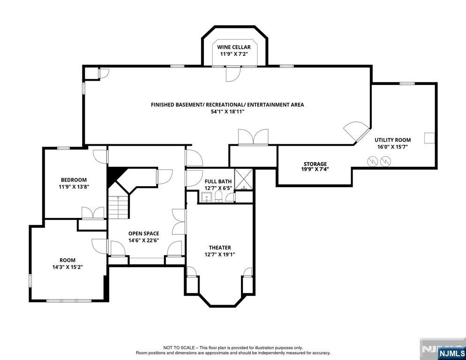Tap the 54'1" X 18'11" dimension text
pos(227,112)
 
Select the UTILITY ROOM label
pos(392,140)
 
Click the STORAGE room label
pos(315,164)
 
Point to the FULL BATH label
pos(218,181)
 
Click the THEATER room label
pos(220,247)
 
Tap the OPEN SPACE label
pos(144,233)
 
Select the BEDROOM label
pos(74,180)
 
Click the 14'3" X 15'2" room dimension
pos(67,267)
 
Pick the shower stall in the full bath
pos(243,179)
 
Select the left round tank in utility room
pos(372,161)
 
